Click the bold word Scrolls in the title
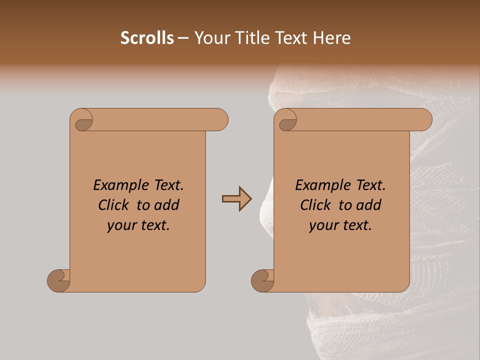tap(147, 38)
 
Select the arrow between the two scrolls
tap(237, 199)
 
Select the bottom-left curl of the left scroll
tap(59, 280)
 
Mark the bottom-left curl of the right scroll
tap(262, 280)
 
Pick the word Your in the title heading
tap(210, 38)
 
